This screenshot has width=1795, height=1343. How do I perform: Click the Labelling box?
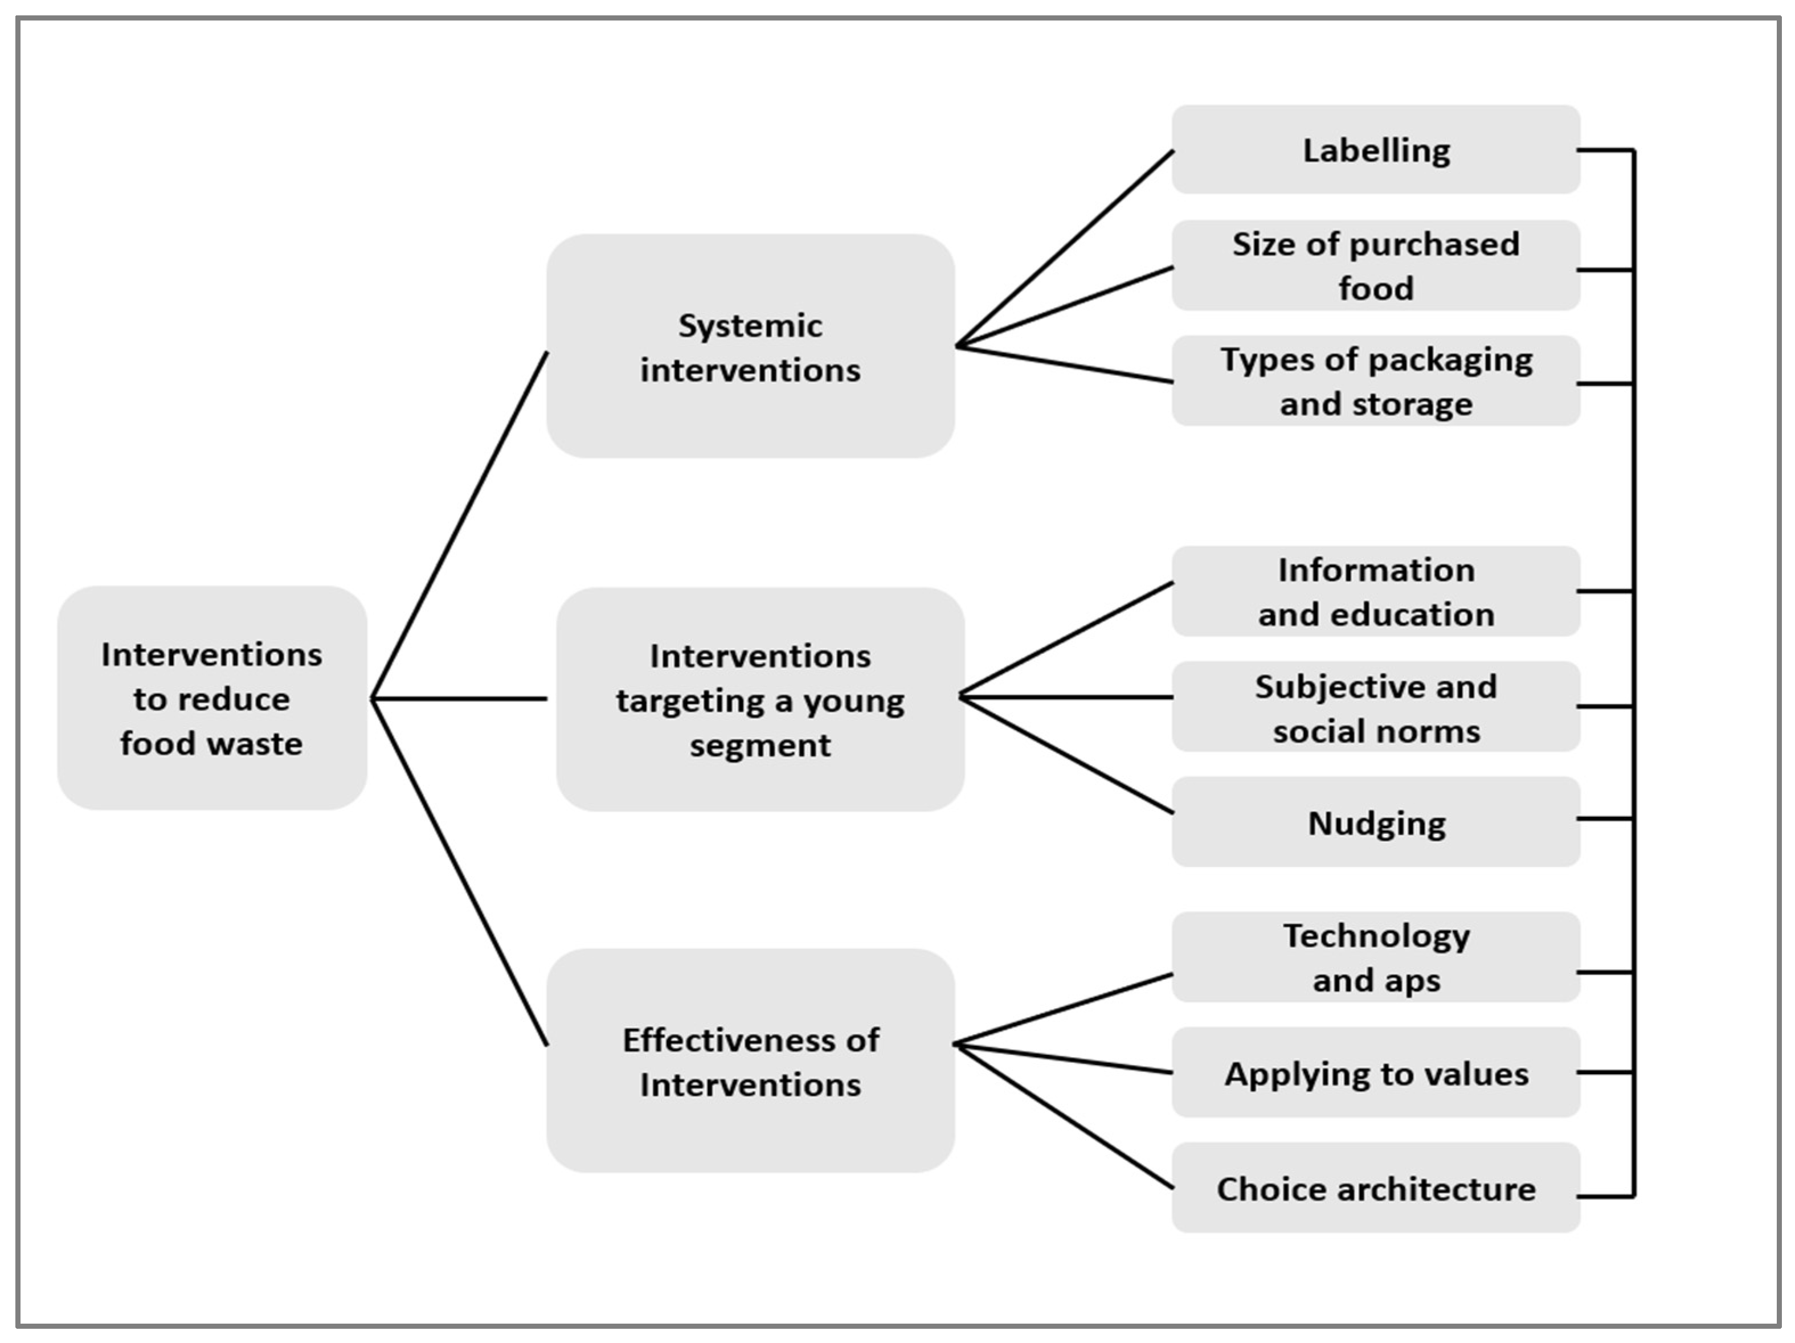tap(1376, 150)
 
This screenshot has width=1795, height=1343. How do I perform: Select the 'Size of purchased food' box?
tap(1376, 265)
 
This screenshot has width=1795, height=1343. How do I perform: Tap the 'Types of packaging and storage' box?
tap(1376, 380)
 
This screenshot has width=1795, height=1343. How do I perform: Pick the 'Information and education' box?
tap(1376, 592)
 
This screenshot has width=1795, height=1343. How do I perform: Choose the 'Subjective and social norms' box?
tap(1376, 707)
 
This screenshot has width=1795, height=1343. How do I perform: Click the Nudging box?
tap(1376, 822)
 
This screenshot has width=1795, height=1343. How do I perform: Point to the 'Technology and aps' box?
tap(1376, 957)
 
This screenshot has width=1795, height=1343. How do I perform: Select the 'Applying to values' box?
tap(1376, 1073)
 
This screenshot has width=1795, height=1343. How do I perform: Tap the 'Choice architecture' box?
tap(1376, 1188)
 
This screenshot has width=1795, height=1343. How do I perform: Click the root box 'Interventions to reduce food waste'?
tap(212, 698)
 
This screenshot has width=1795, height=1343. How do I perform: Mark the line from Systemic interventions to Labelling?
tap(1065, 249)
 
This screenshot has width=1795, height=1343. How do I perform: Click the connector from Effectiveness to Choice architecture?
tap(1065, 1116)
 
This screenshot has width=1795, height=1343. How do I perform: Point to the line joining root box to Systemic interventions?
tap(459, 525)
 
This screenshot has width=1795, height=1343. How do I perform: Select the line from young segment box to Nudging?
tap(1066, 755)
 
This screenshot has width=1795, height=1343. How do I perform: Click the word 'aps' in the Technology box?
tap(1416, 980)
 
